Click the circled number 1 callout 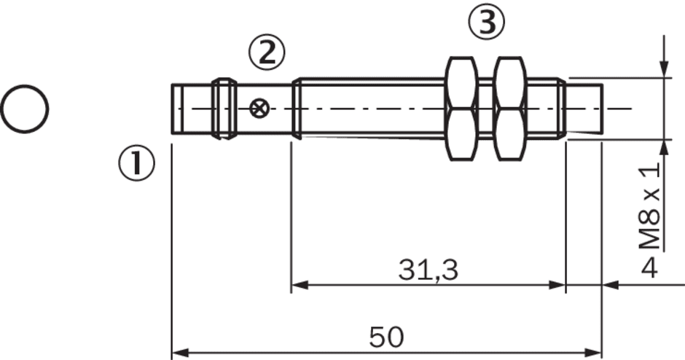[x=137, y=163]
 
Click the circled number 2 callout [x=267, y=52]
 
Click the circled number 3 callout [x=486, y=23]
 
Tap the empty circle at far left [x=25, y=109]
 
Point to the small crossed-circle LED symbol [x=259, y=108]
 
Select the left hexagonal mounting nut [x=461, y=109]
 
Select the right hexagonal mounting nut [x=509, y=109]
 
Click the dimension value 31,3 [x=428, y=270]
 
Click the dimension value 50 [x=387, y=337]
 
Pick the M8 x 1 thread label [x=649, y=206]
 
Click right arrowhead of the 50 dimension [x=593, y=352]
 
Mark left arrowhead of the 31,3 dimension [x=300, y=285]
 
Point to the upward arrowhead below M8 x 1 [x=664, y=149]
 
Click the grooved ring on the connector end [x=224, y=109]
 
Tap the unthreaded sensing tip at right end [x=584, y=109]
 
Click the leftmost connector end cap [x=176, y=109]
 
